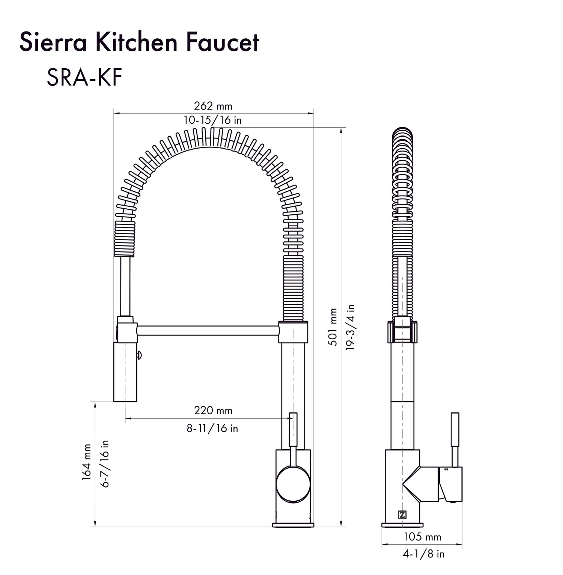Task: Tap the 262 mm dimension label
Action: pos(213,106)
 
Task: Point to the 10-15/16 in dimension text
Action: pos(212,120)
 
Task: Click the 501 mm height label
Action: pos(333,327)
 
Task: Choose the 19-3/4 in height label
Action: pos(351,327)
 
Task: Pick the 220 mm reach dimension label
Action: pos(213,410)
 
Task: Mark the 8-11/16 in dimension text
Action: pos(212,428)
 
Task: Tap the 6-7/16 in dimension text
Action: pos(105,464)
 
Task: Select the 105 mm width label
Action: pos(422,537)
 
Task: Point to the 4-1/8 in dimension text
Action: pos(423,554)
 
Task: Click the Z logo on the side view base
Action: pos(402,515)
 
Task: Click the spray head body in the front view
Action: pos(126,372)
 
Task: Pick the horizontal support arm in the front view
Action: pos(208,331)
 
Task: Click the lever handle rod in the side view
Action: pos(455,439)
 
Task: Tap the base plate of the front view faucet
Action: pos(293,524)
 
